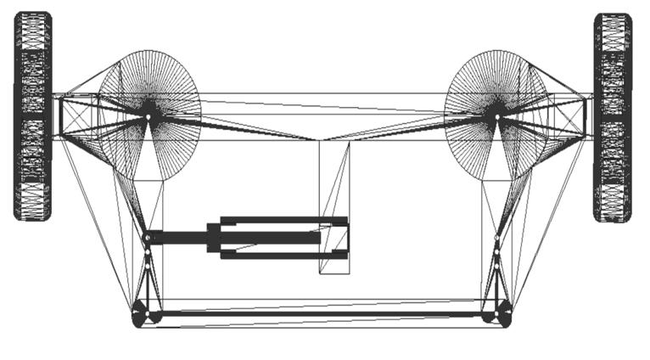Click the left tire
tap(32, 116)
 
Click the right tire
tap(613, 117)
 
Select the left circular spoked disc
tap(149, 114)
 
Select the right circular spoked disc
tap(495, 114)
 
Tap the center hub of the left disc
tap(148, 110)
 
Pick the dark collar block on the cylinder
tap(213, 237)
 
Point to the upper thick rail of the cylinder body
tap(284, 222)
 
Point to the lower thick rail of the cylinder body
tap(284, 254)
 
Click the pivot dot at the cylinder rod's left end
tap(147, 237)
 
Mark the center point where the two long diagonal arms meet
tap(321, 139)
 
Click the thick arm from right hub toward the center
tap(407, 127)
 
